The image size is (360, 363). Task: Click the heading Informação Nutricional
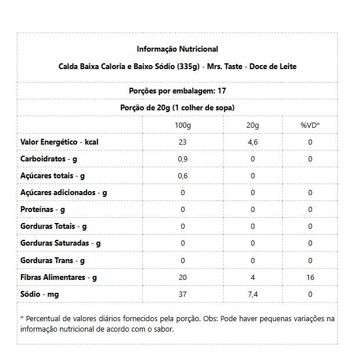[177, 49]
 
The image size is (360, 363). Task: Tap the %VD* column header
[310, 125]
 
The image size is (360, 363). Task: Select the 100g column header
[182, 125]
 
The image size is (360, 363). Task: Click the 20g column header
[253, 125]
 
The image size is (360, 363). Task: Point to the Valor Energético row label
[59, 142]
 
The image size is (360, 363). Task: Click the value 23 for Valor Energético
[182, 142]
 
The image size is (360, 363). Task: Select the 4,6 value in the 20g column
[253, 142]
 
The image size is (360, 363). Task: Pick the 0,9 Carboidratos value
[182, 159]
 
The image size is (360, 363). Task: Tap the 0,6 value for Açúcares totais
[182, 176]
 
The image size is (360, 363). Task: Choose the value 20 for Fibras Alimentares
[182, 278]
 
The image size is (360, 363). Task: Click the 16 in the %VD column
[310, 278]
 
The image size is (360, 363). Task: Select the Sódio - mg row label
[39, 294]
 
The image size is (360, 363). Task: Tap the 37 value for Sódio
[182, 294]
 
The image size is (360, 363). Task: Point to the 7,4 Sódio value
[253, 294]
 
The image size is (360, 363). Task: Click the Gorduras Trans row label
[53, 261]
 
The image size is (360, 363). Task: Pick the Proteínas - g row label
[42, 210]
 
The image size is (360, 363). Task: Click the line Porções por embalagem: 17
[177, 91]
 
